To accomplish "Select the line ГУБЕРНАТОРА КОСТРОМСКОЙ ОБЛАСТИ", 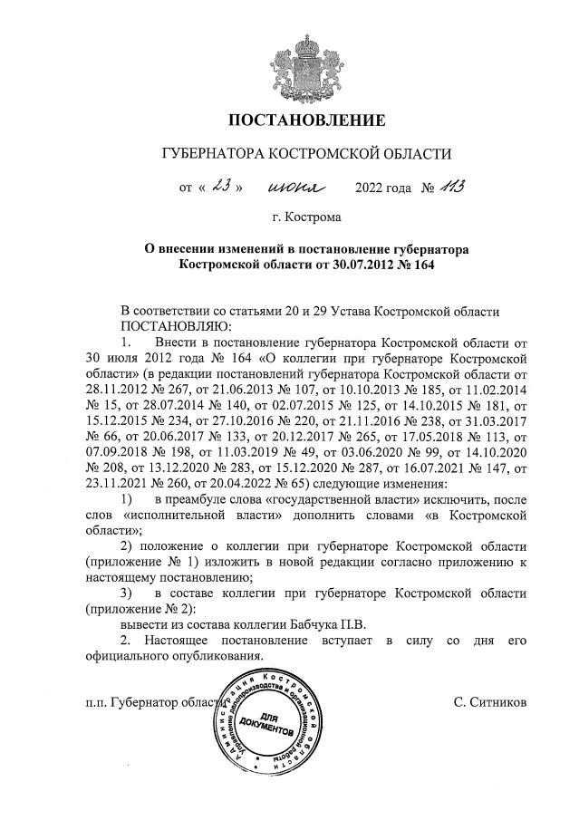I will click(305, 155).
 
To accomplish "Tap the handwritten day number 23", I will click(222, 188).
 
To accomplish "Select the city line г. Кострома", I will click(305, 217).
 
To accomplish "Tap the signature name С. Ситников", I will click(489, 702).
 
